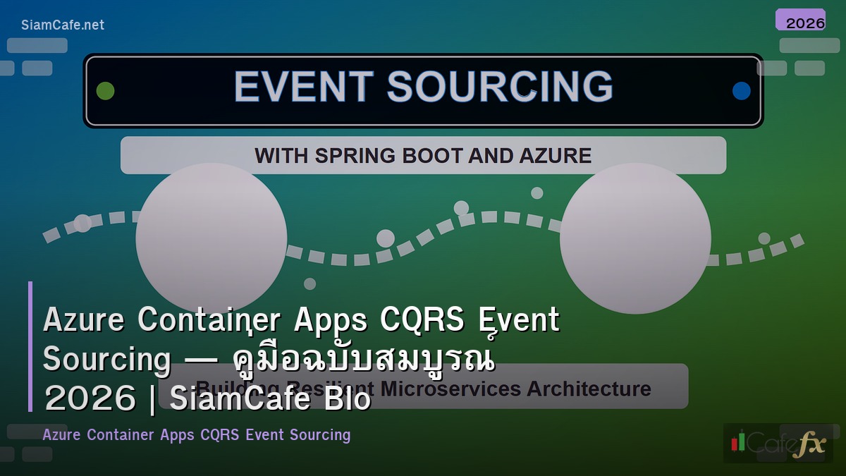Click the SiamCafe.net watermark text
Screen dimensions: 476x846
coord(63,25)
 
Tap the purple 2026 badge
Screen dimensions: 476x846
coord(800,20)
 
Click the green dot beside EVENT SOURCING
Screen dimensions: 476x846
coord(105,91)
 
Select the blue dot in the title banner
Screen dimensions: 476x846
coord(741,91)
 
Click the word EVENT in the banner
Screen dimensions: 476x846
coord(303,87)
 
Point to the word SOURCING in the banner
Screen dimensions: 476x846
coord(500,87)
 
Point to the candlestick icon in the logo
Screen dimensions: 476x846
coord(738,442)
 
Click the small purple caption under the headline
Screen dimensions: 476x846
coord(196,434)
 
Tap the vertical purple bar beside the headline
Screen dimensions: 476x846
coord(30,346)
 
